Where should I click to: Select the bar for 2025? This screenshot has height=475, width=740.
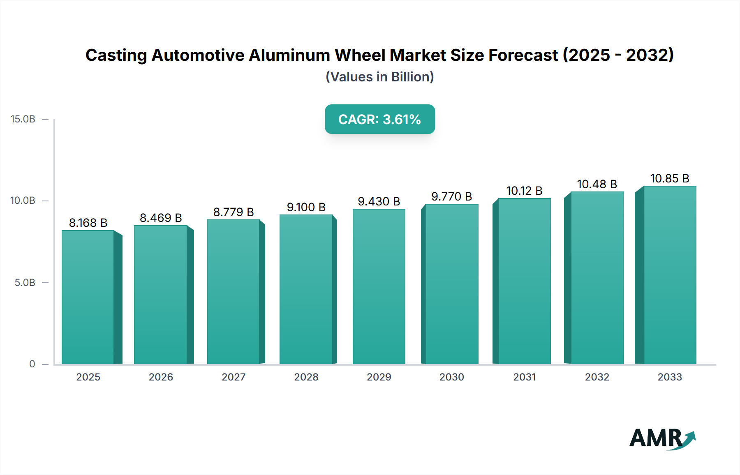click(x=88, y=297)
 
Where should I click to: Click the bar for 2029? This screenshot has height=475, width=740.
click(x=379, y=286)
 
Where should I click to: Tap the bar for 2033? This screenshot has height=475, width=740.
click(x=670, y=275)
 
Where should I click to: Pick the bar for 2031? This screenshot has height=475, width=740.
click(x=524, y=281)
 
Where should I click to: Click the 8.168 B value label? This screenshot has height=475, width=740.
click(x=88, y=223)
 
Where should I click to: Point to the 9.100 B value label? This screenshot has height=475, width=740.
click(x=306, y=207)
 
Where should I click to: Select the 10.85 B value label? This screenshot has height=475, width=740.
click(x=670, y=178)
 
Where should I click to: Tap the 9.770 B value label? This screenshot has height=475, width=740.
click(x=451, y=196)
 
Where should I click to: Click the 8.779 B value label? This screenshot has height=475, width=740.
click(x=234, y=212)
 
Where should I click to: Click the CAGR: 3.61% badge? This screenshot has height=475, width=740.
click(x=379, y=119)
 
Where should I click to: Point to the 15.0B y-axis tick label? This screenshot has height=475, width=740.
click(x=23, y=119)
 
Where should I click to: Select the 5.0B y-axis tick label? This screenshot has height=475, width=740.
click(x=25, y=283)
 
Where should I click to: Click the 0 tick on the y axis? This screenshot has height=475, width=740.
click(x=32, y=364)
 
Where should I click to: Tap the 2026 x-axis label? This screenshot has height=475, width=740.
click(x=161, y=377)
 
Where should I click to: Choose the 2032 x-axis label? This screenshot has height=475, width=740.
click(x=597, y=377)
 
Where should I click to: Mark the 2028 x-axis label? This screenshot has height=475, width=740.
click(x=306, y=377)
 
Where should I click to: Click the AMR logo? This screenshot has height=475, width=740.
click(x=662, y=438)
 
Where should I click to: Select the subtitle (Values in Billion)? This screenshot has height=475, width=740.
click(x=379, y=77)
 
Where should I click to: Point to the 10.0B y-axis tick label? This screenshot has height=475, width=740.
click(x=23, y=201)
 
